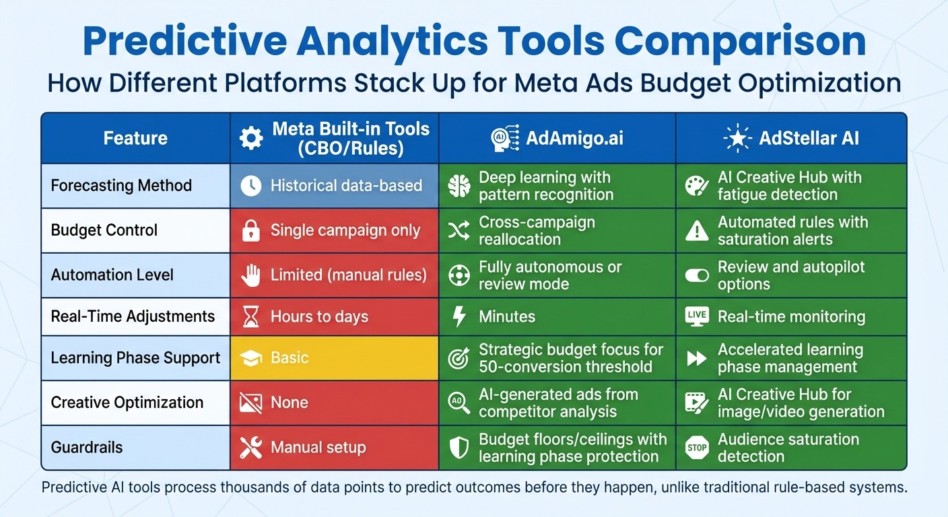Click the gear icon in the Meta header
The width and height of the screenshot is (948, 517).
coord(251,139)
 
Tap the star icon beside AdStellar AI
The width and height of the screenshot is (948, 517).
coord(737,139)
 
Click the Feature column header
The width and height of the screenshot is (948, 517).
coord(135,139)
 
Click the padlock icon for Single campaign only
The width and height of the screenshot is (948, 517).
coord(250,231)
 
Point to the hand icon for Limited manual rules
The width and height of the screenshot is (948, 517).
coord(250,275)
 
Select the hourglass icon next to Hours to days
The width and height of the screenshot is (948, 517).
coord(250,317)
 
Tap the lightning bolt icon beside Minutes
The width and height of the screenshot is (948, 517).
coord(459,317)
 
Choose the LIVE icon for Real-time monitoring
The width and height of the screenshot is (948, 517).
coord(696,316)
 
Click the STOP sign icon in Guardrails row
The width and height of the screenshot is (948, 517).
coord(696,448)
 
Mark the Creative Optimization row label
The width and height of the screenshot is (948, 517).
coord(127,403)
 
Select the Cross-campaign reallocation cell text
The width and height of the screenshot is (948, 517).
coord(528,231)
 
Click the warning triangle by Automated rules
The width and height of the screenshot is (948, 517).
coord(696,231)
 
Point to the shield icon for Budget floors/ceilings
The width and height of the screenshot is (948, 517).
coord(459,448)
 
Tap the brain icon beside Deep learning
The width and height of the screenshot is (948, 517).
coord(459,186)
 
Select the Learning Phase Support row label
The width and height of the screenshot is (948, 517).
coord(135,357)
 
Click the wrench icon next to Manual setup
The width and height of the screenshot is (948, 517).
coord(250,448)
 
